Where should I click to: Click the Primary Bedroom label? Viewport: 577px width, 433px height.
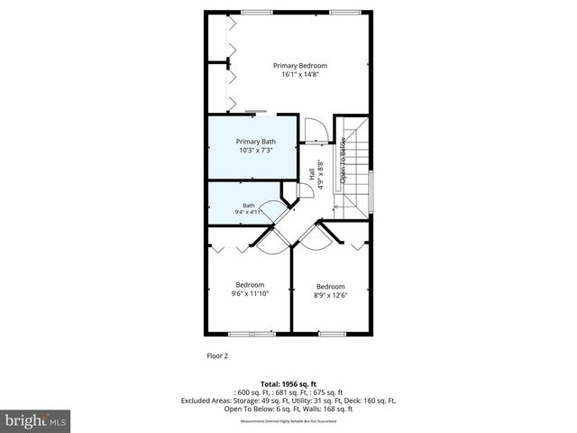point(300,66)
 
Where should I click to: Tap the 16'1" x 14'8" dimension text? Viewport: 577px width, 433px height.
point(300,75)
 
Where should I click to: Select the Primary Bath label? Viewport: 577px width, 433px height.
point(256,142)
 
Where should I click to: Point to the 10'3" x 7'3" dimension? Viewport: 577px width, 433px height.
point(256,151)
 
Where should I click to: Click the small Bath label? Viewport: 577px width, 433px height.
point(248,206)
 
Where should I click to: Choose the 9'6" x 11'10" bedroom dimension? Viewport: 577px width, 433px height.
point(251,293)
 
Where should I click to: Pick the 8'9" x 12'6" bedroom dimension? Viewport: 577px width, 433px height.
point(330,295)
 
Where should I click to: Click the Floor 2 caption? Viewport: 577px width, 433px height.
point(217,355)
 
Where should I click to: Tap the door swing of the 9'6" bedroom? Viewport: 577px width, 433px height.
point(270,236)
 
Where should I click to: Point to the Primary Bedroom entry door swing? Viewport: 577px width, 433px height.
point(315,132)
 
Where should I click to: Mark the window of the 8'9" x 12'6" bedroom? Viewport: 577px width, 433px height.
point(331,334)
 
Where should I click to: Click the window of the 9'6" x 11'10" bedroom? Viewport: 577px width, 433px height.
point(252,334)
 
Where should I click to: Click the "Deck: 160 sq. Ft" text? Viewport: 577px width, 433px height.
point(370,401)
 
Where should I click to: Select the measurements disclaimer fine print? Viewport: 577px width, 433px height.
point(288,421)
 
